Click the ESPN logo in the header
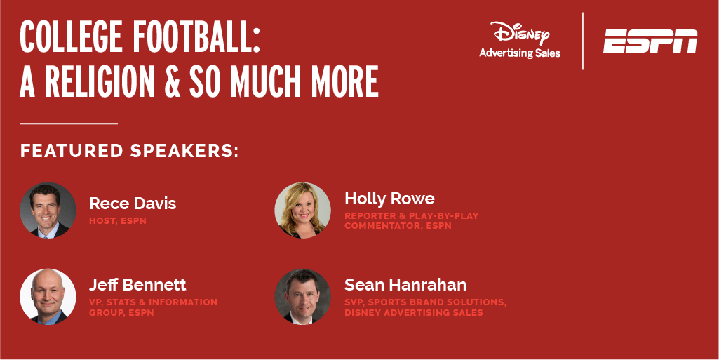point(650,41)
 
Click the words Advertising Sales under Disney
point(520,53)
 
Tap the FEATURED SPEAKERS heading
point(129,151)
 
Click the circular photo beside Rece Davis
point(48,210)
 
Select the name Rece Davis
point(133,204)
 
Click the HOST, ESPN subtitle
point(117,220)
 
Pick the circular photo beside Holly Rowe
point(302,210)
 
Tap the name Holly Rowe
point(389,199)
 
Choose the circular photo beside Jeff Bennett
point(48,297)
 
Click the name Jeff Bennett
point(137,285)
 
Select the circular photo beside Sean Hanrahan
point(302,297)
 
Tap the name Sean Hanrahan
point(405,285)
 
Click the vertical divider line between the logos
point(583,41)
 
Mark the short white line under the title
point(69,124)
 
